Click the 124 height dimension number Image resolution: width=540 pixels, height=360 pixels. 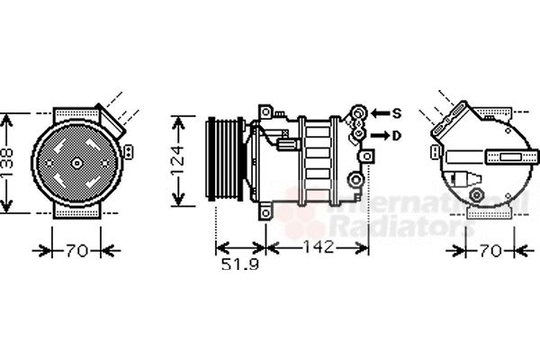180,162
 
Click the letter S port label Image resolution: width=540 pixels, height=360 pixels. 396,113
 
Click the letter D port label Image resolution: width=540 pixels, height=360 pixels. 396,135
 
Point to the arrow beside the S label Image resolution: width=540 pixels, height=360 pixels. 378,113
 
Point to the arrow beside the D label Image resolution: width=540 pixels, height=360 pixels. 378,135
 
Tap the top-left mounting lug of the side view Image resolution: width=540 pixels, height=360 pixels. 266,111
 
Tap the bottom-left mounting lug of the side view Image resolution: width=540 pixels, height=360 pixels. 266,211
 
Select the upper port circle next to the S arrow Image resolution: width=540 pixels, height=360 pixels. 359,113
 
